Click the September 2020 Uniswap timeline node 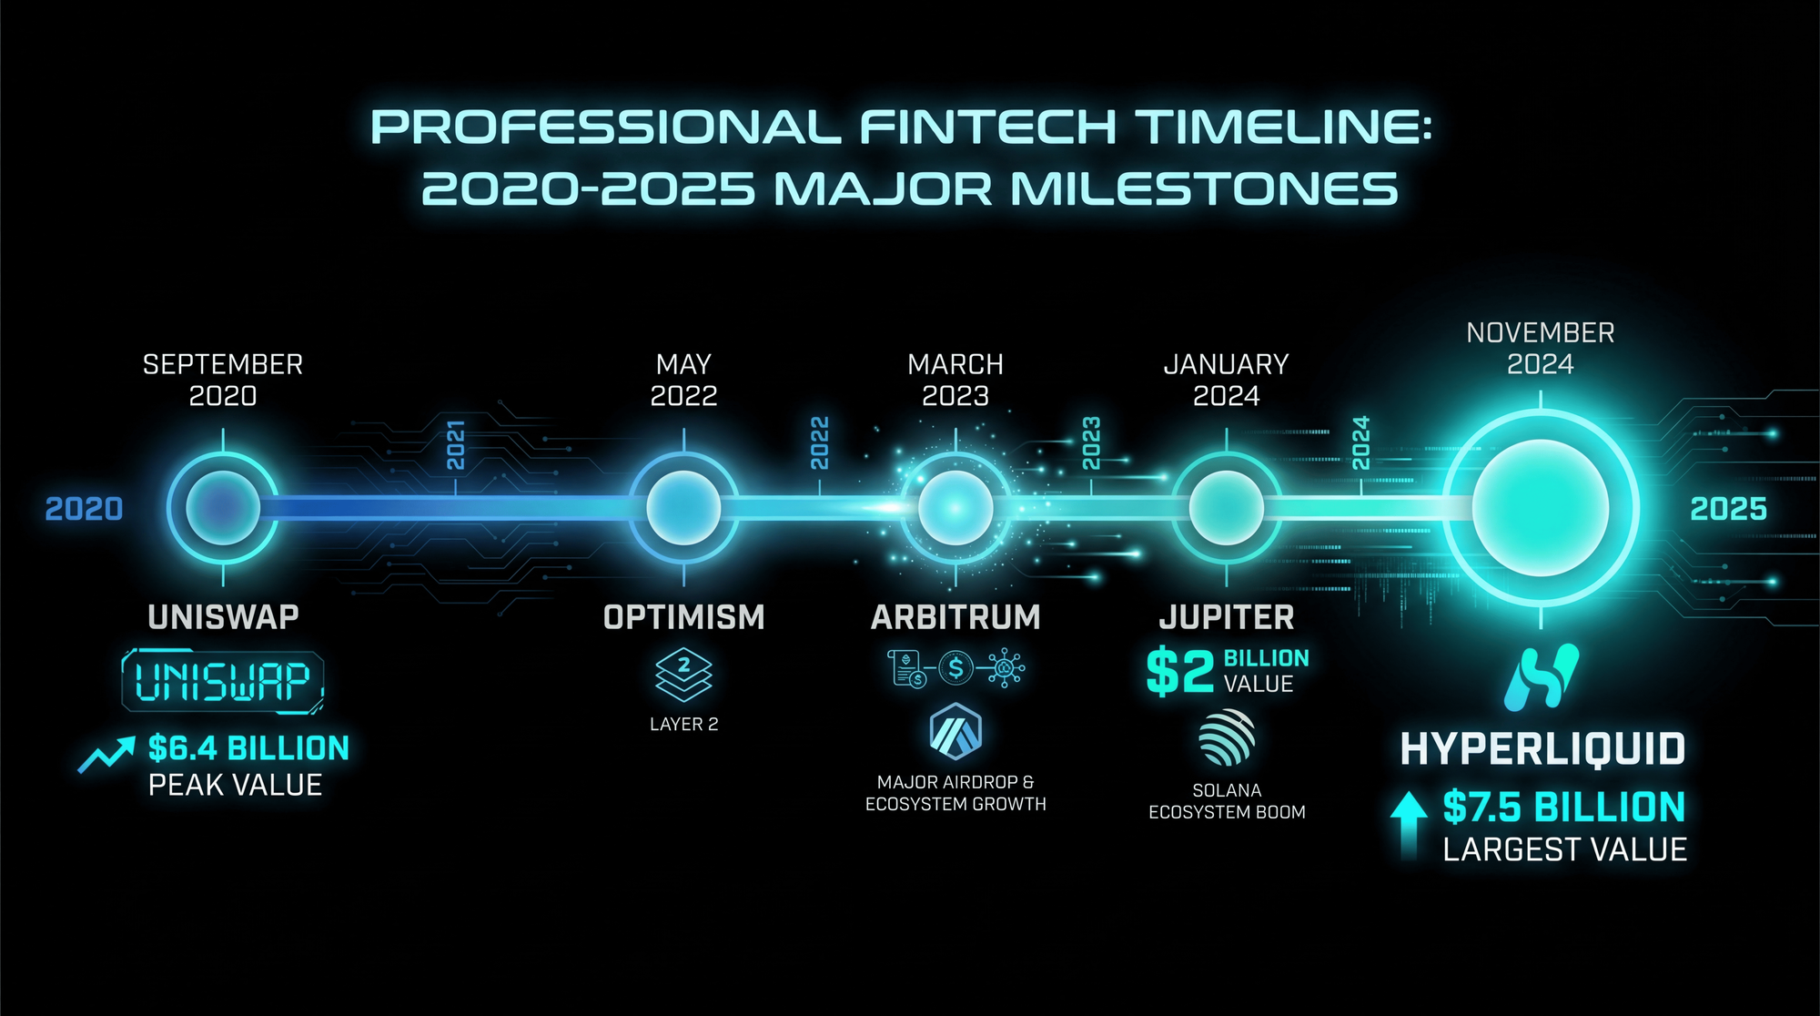point(223,508)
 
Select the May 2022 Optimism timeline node point(683,508)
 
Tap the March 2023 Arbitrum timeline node point(955,508)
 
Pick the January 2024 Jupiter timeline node point(1227,508)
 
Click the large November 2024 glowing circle point(1541,508)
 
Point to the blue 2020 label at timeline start point(84,509)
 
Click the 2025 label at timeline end point(1728,509)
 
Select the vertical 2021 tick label point(456,444)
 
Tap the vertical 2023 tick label point(1091,443)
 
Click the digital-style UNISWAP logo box point(223,680)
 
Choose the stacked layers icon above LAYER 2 point(683,675)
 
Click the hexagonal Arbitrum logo point(955,731)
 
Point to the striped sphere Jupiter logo point(1227,737)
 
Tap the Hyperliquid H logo point(1542,677)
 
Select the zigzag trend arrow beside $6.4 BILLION point(106,755)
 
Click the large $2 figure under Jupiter point(1180,671)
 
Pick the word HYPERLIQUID point(1542,749)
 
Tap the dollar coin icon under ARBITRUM point(955,668)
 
